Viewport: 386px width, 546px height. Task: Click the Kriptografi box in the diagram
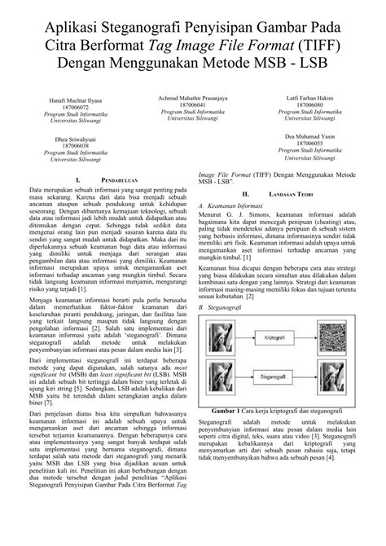[281, 312]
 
